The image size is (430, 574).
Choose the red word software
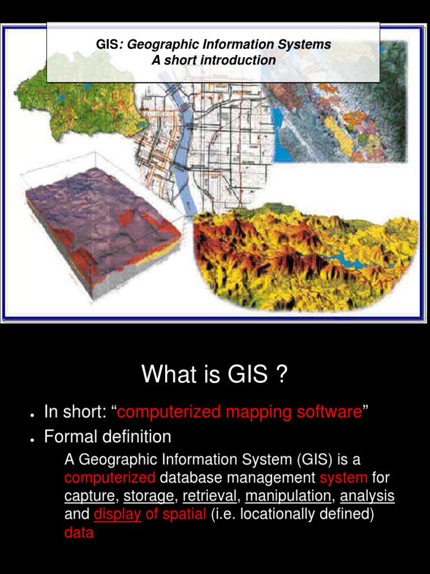(x=329, y=411)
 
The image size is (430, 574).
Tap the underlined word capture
(x=90, y=497)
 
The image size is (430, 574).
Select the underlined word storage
(x=148, y=497)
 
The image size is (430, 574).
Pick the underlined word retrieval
(x=209, y=496)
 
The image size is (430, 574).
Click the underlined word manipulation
(x=288, y=497)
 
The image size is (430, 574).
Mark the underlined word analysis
(x=367, y=497)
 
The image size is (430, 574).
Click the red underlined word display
(x=118, y=515)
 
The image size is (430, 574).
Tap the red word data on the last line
(x=79, y=533)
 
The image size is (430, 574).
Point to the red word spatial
(x=184, y=515)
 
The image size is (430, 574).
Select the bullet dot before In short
(x=32, y=415)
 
